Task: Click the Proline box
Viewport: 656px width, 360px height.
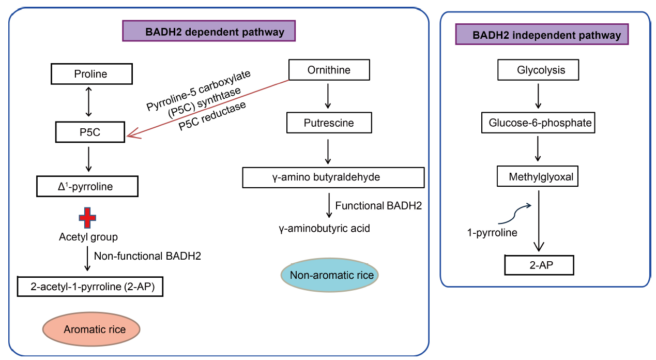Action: (x=91, y=74)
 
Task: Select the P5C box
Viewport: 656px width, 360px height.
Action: (x=90, y=132)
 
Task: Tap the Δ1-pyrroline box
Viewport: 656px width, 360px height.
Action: (x=87, y=186)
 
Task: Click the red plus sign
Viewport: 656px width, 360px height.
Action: (x=87, y=218)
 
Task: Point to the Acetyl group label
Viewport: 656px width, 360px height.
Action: (x=88, y=237)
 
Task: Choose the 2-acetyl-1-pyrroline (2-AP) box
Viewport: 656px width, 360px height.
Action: (x=90, y=287)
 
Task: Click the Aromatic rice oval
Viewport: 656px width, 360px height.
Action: (x=91, y=329)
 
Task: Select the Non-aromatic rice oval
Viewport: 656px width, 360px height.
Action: (x=329, y=275)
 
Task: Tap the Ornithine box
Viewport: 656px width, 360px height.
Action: (x=329, y=70)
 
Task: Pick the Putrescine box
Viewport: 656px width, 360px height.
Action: (x=329, y=123)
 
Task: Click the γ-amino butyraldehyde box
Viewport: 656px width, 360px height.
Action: (x=333, y=177)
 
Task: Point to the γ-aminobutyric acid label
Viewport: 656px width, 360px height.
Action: (x=324, y=229)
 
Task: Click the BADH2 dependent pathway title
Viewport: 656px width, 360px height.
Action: (x=209, y=31)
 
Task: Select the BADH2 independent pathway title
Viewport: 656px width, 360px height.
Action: (x=542, y=34)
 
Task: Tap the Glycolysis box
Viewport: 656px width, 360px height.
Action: (x=538, y=70)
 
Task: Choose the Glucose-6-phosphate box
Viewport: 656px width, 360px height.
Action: (x=538, y=123)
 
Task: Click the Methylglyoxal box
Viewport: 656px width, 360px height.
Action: (x=538, y=176)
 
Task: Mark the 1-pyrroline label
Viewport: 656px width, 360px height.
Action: (x=492, y=233)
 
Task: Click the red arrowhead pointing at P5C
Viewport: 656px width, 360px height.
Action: (x=133, y=134)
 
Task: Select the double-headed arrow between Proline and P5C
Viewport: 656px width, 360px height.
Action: (x=88, y=102)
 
